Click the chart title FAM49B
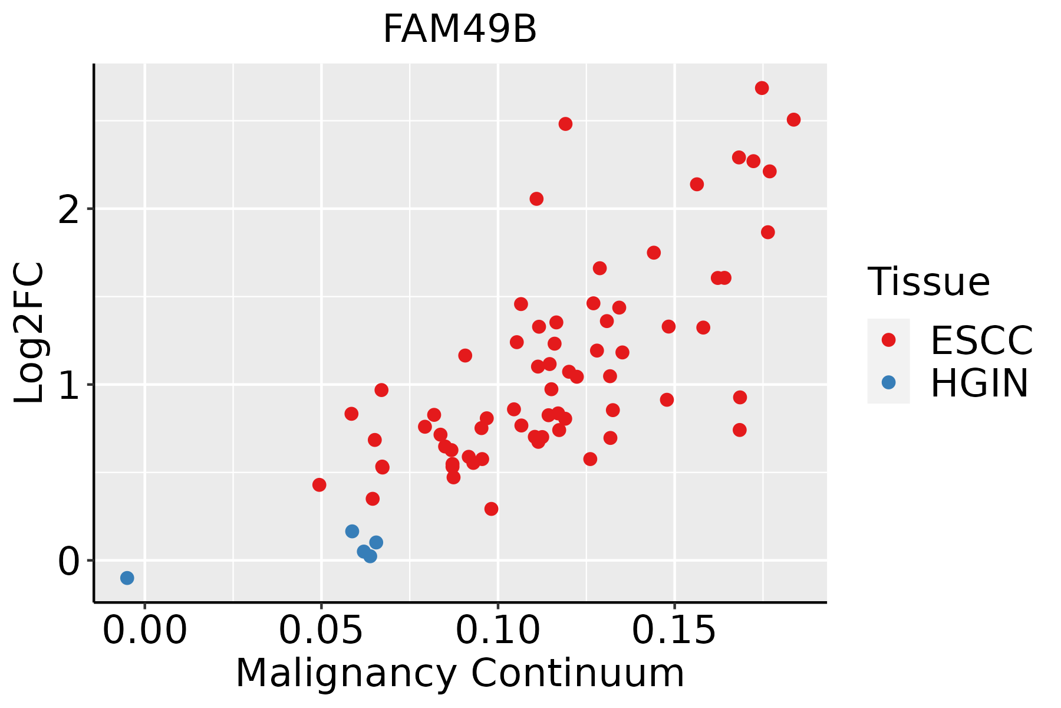460,29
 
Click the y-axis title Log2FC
29,333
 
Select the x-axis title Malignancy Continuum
460,673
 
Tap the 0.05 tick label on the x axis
321,631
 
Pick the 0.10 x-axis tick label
498,631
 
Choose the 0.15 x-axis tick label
674,631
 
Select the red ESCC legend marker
888,340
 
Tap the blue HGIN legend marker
888,382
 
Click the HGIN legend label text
979,383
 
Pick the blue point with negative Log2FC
127,578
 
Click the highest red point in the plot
762,88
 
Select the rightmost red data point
793,120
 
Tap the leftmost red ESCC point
319,485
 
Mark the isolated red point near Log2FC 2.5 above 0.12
565,124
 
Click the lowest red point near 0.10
491,509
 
